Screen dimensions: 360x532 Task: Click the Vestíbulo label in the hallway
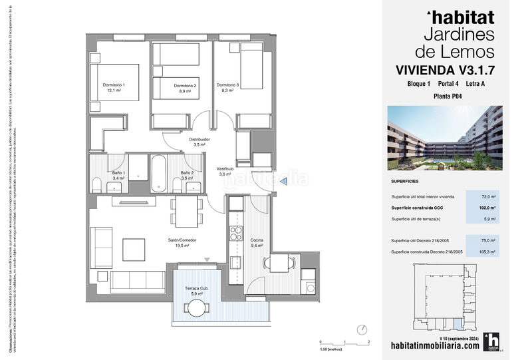[x=225, y=171]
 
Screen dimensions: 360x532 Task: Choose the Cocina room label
[x=257, y=242]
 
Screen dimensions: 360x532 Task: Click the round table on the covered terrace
[x=197, y=308]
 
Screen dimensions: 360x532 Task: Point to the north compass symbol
[x=362, y=329]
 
